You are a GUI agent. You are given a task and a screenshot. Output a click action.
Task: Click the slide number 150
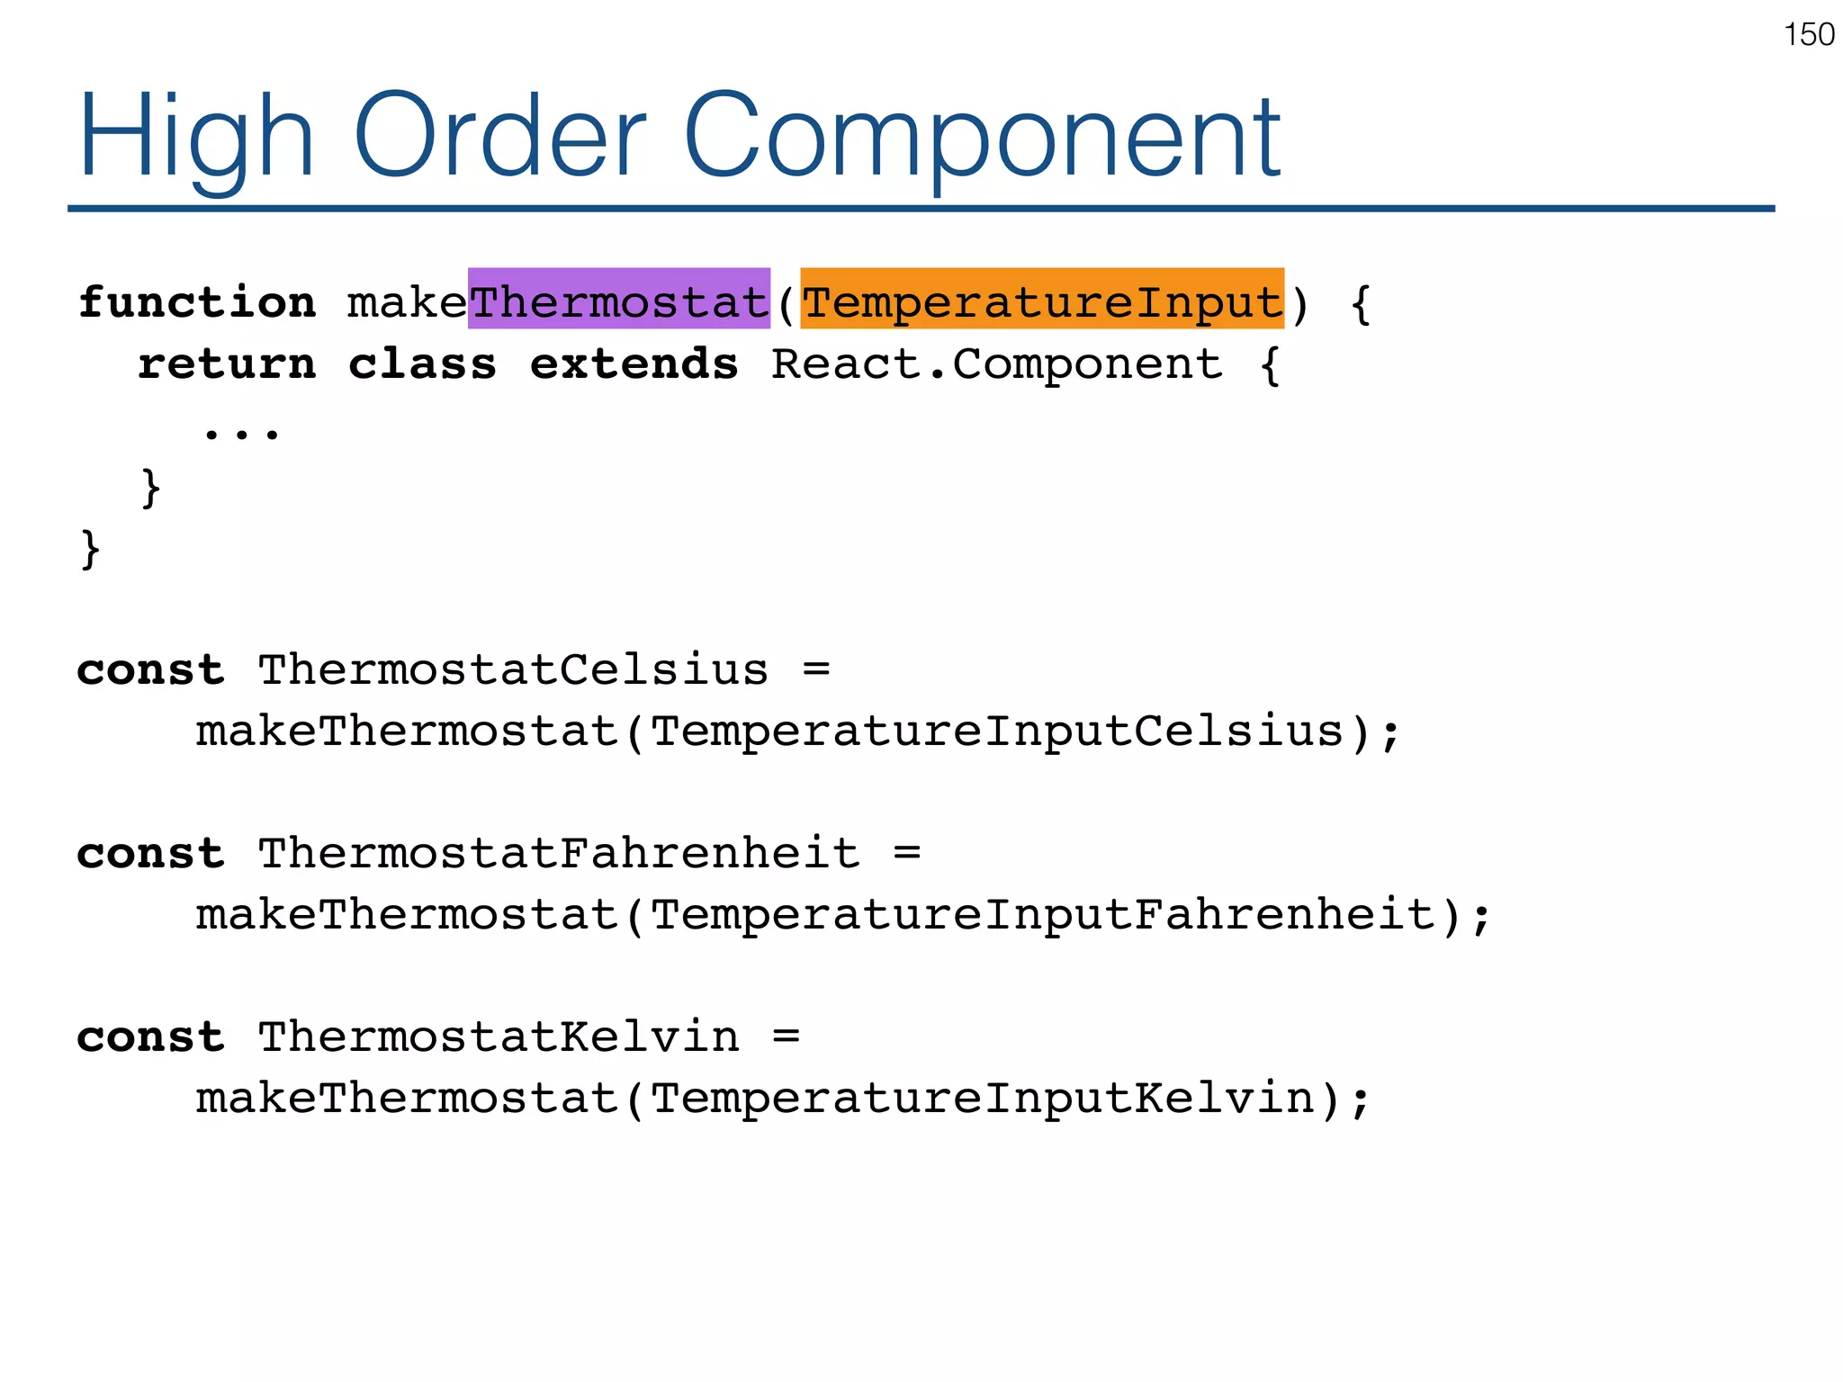pos(1808,34)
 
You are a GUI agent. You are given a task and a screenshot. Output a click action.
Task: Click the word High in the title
pos(195,137)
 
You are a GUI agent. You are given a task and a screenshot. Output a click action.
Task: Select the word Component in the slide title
pos(982,137)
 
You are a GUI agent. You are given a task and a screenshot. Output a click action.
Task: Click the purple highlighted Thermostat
pos(618,301)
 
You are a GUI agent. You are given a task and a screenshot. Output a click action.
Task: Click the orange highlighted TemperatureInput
pos(1041,301)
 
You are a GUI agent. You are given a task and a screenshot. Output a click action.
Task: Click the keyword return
pos(227,363)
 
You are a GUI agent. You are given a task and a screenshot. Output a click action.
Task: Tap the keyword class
pos(422,363)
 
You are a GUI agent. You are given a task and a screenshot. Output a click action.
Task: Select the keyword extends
pos(634,363)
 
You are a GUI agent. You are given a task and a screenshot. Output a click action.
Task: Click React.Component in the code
pos(996,363)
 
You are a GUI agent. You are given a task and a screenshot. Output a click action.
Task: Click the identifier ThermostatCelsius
pos(513,669)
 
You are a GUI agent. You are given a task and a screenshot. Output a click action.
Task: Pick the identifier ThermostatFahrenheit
pos(558,853)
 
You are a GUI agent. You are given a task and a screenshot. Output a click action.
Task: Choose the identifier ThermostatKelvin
pos(498,1036)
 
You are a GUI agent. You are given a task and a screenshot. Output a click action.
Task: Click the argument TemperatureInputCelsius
pos(996,731)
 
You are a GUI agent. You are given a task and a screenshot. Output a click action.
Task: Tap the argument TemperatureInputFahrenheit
pos(1041,914)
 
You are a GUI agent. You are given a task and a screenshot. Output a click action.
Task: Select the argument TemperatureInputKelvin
pos(982,1098)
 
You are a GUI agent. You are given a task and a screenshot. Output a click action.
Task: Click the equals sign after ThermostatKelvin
pos(786,1036)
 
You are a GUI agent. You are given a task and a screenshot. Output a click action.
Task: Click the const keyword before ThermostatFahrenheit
pos(150,853)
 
